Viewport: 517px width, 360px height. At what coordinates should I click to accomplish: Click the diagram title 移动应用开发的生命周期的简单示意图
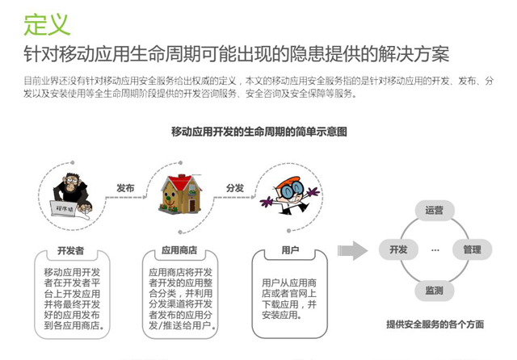258,131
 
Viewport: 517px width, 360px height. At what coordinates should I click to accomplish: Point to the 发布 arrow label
124,187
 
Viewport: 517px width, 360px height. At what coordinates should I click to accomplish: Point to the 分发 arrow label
235,187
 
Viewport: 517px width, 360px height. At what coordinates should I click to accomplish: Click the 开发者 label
71,250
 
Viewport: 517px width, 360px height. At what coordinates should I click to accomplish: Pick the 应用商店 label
179,250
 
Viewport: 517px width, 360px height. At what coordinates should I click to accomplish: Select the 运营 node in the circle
434,211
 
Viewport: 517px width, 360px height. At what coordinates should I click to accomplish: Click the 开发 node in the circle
398,249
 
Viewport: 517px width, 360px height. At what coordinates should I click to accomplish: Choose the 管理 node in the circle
472,249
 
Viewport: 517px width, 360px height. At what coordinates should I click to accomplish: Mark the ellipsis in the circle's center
435,250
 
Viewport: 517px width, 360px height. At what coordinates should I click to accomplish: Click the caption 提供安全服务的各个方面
435,324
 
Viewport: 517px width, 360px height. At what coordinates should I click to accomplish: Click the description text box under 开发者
73,299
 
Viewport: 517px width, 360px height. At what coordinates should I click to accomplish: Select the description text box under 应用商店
181,299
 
